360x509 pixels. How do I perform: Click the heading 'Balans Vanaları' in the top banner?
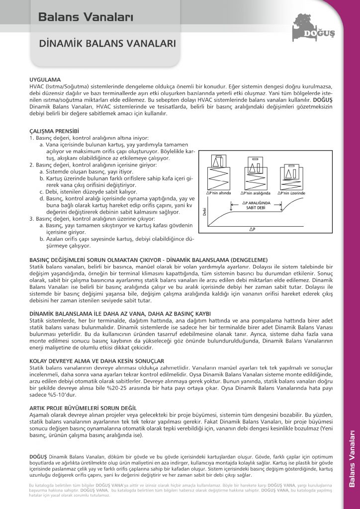tap(86, 17)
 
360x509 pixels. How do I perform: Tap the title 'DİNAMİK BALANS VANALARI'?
tap(107, 44)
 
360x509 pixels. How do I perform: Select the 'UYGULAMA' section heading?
tap(45, 79)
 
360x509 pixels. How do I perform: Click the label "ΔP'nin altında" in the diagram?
tap(218, 192)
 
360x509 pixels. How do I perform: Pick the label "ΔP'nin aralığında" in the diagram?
tap(255, 192)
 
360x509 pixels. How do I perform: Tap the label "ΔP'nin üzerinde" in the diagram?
tap(292, 192)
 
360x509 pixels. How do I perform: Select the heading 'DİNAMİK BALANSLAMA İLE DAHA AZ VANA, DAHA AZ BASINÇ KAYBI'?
tap(120, 313)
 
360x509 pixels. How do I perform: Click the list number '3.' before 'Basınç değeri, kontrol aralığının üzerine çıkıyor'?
tap(32, 218)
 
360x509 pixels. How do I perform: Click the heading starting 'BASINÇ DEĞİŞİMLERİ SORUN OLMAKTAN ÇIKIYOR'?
tap(149, 260)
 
